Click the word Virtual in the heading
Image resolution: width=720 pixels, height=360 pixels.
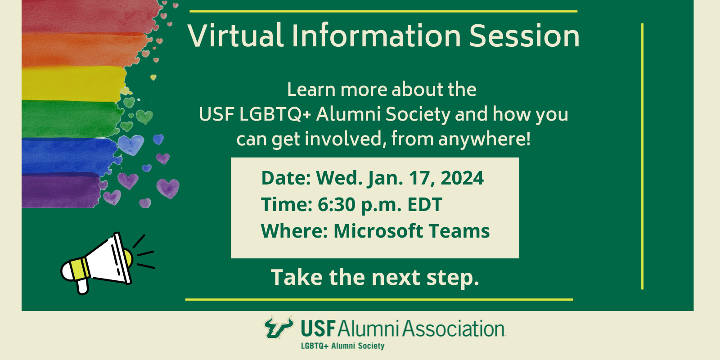tap(236, 36)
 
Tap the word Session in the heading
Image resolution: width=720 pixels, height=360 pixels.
tap(524, 36)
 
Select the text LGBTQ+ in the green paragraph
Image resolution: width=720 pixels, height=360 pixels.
tap(275, 114)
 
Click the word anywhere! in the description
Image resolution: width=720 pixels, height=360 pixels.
tap(484, 139)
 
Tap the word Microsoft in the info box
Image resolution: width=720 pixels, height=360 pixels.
tap(378, 231)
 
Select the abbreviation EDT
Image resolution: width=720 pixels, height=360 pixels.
tap(425, 204)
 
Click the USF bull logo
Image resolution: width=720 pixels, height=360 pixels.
tap(279, 327)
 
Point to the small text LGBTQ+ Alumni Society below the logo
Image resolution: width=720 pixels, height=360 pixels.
tap(342, 346)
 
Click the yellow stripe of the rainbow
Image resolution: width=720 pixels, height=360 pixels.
tap(74, 84)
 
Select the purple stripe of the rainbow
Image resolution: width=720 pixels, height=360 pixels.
tap(61, 190)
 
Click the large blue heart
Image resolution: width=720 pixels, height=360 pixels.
tap(131, 144)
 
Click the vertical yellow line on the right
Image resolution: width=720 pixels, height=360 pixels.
tap(642, 156)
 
